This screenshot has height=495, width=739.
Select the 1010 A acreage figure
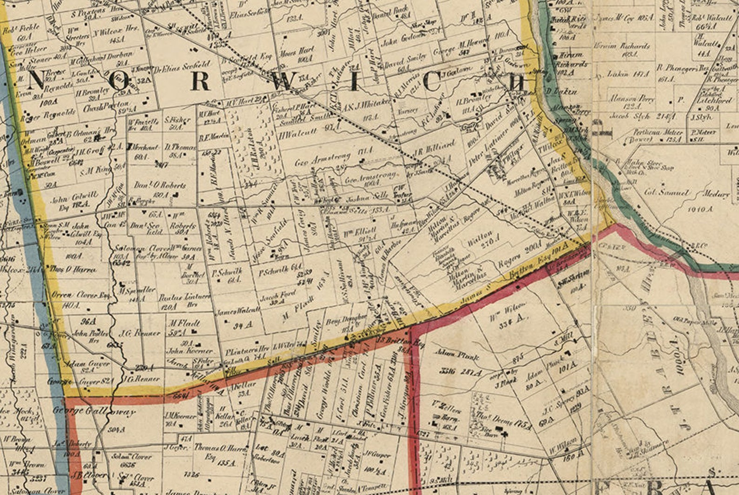(x=699, y=210)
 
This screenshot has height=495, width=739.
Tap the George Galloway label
(x=94, y=411)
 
